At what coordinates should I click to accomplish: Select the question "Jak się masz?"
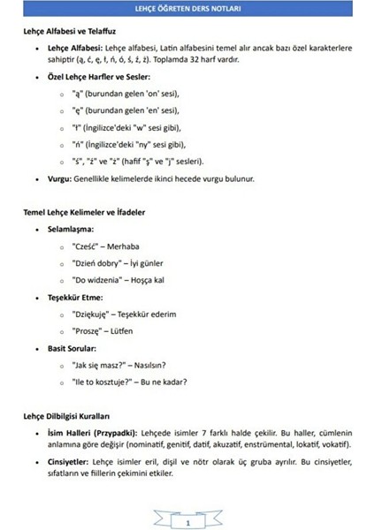click(99, 366)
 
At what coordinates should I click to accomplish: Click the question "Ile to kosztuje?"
click(104, 382)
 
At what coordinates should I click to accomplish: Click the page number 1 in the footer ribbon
click(187, 523)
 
